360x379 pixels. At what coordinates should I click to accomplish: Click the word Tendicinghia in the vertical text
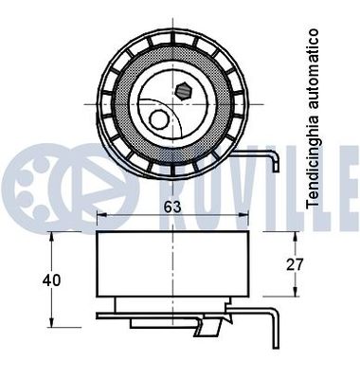point(314,165)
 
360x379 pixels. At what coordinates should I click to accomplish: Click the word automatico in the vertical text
point(314,75)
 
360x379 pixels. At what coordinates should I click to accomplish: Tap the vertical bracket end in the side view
point(276,327)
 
